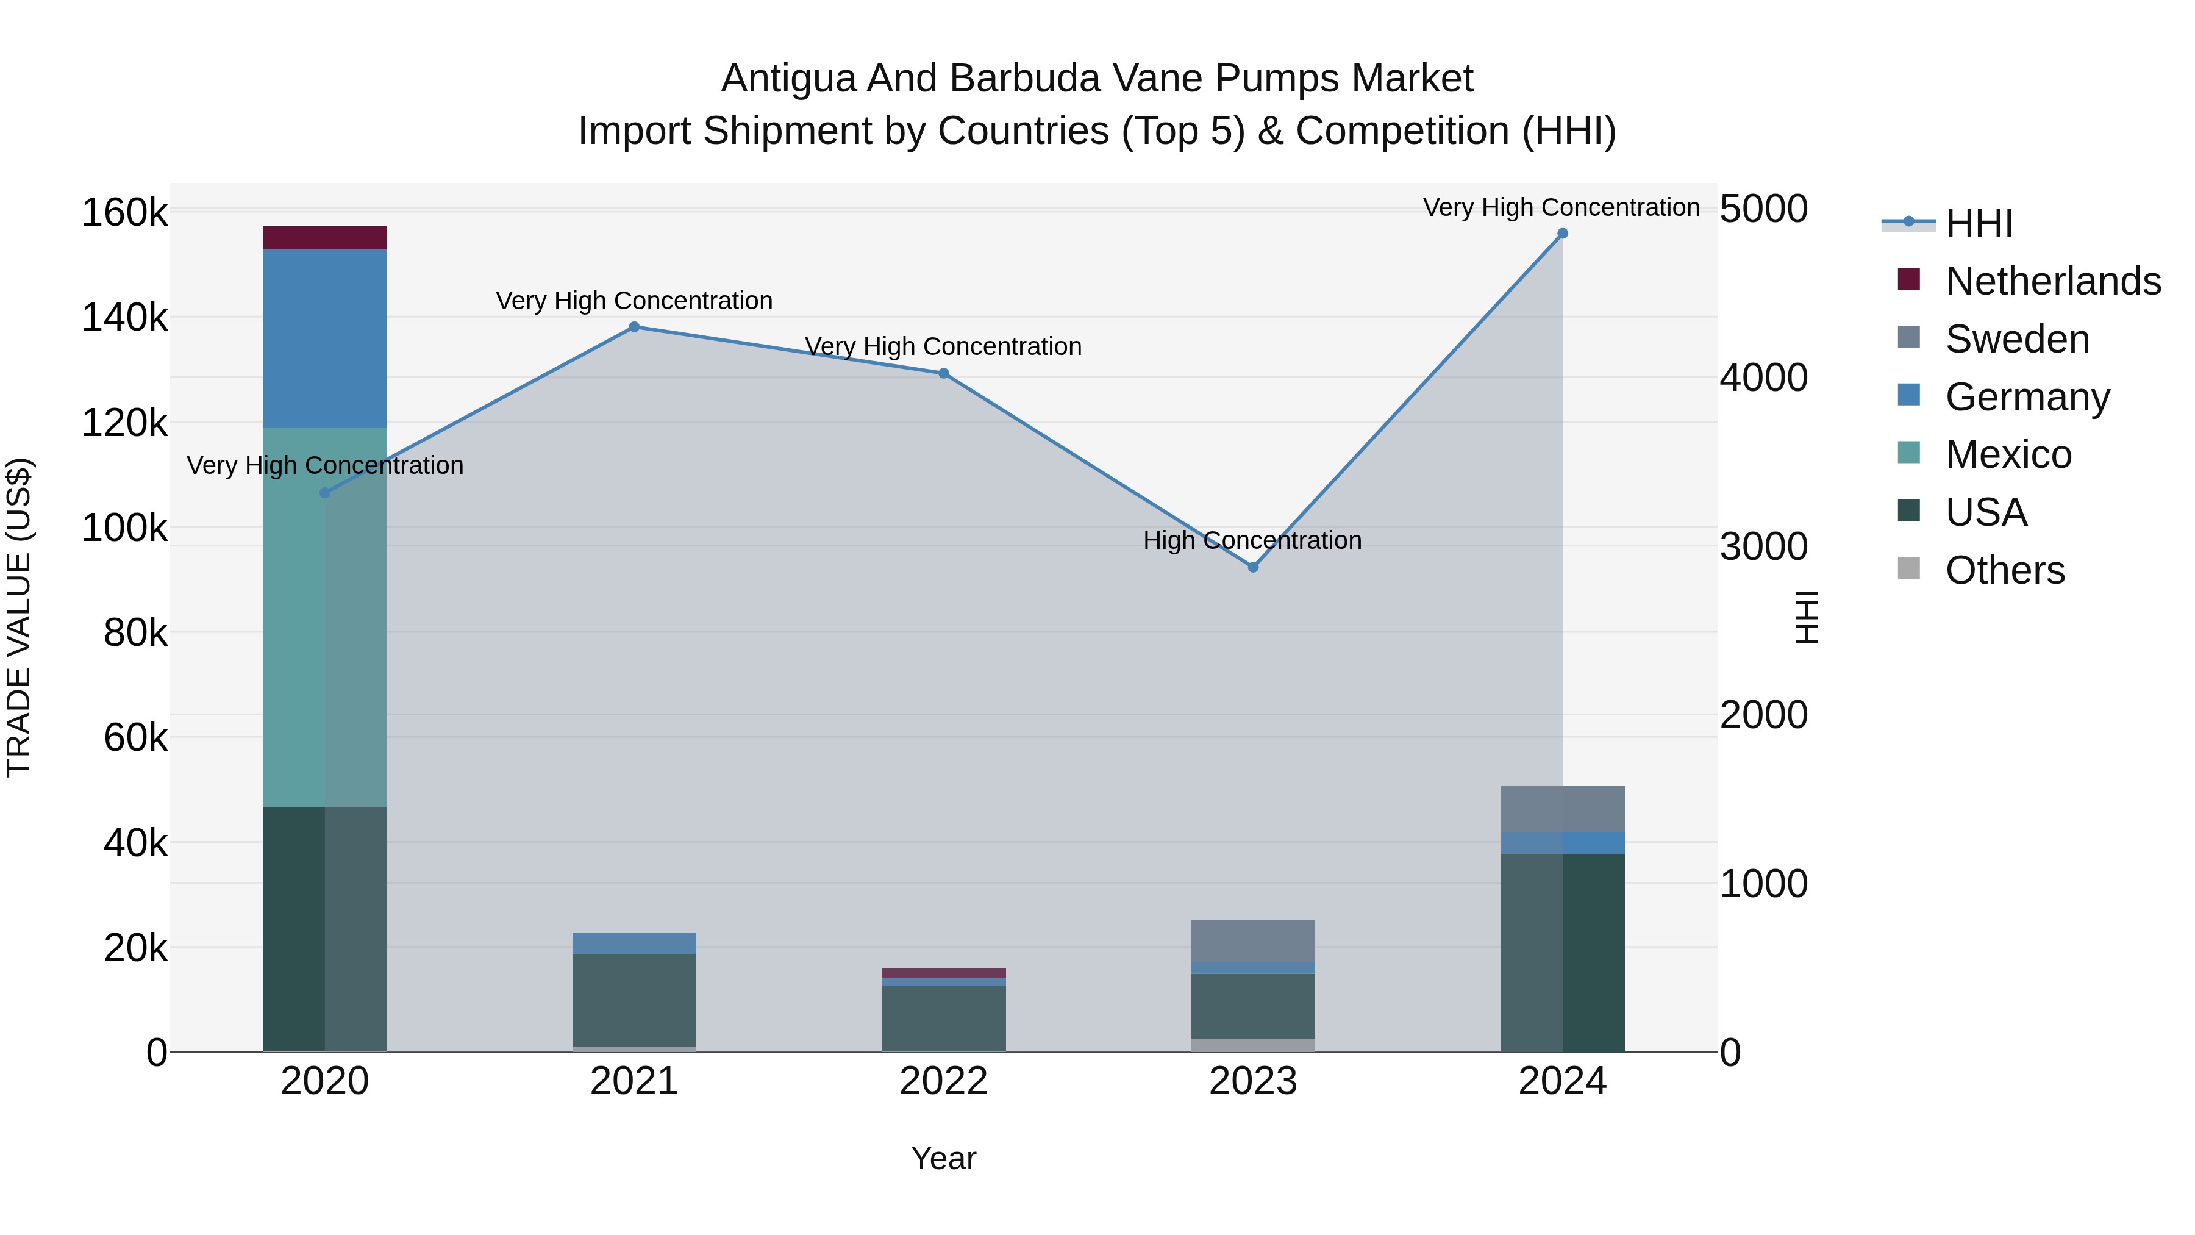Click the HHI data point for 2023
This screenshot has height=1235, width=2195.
1252,567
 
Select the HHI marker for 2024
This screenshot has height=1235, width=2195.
1562,234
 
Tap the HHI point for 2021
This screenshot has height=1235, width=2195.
634,328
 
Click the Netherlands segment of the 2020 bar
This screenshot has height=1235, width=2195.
324,238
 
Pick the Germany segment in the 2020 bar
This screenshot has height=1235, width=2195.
324,338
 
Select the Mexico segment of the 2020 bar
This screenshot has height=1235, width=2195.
324,617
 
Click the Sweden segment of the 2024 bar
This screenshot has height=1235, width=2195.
1562,809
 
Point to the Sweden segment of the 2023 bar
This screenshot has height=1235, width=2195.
1252,941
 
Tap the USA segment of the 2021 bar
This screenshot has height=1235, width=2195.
634,1000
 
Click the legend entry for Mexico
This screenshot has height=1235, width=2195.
2008,454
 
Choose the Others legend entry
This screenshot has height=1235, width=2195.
2004,570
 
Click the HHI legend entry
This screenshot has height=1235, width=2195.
1979,223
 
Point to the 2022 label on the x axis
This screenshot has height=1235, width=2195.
943,1081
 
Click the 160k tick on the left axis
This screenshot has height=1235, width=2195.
124,212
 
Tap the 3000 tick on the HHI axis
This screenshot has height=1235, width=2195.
1763,546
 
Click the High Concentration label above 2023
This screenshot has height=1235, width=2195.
1252,540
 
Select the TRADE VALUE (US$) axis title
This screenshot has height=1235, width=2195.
19,617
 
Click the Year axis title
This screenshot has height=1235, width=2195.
943,1158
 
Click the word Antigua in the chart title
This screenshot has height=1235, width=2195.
787,79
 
